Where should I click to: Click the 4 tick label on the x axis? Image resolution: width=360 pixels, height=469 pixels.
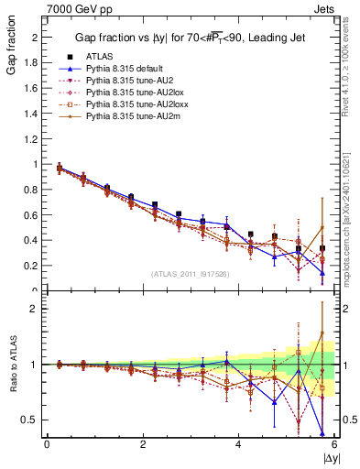click(x=238, y=444)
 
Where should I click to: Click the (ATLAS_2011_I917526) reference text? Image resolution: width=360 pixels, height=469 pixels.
click(x=191, y=274)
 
